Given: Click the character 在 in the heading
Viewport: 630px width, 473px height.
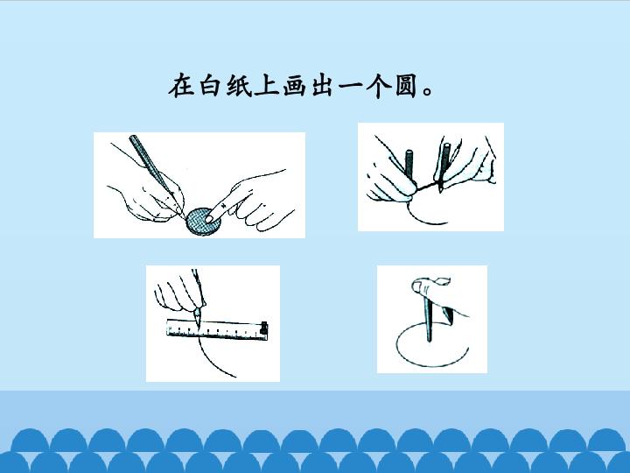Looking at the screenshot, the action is coord(181,85).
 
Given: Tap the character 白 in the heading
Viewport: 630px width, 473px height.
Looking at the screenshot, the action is coord(210,85).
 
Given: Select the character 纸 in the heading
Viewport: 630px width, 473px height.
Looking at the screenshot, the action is coord(239,85).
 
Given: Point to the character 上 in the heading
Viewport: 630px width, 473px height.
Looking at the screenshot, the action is coord(267,85).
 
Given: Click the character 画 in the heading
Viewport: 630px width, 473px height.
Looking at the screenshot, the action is coord(296,85).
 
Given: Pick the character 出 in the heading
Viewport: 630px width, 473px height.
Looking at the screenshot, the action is coord(324,85).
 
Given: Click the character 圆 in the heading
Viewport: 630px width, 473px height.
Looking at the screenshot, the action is coord(407,85).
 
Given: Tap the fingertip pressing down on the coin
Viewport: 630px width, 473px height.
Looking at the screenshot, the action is coord(209,218).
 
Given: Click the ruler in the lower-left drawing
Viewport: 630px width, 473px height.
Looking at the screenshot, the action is coord(217,329).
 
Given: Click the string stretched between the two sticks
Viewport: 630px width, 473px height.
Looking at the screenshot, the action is coord(426,187).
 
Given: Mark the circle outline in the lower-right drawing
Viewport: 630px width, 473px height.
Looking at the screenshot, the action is coord(396,347).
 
